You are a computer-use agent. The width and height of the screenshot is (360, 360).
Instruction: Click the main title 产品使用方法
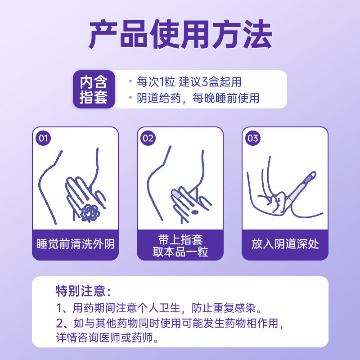pos(180,35)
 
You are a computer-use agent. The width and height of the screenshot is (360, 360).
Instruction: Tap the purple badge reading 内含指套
pos(94,90)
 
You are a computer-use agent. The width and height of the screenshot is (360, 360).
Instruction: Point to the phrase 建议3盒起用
pos(210,82)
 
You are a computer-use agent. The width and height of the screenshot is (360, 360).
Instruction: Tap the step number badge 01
pos(43,138)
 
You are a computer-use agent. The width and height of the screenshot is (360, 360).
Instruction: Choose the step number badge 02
pos(148,138)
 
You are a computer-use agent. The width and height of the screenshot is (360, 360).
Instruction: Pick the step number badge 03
pos(253,138)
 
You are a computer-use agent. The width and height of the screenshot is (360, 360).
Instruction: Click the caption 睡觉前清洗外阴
pos(75,244)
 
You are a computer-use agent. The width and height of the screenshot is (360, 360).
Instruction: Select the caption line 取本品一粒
pos(180,252)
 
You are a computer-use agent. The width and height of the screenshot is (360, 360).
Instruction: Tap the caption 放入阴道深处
pos(285,244)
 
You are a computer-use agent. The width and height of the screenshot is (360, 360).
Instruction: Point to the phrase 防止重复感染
pos(227,308)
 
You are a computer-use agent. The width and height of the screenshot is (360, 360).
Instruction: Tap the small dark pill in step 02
pos(195,212)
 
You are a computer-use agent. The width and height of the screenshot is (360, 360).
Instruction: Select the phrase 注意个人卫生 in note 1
pos(148,308)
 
